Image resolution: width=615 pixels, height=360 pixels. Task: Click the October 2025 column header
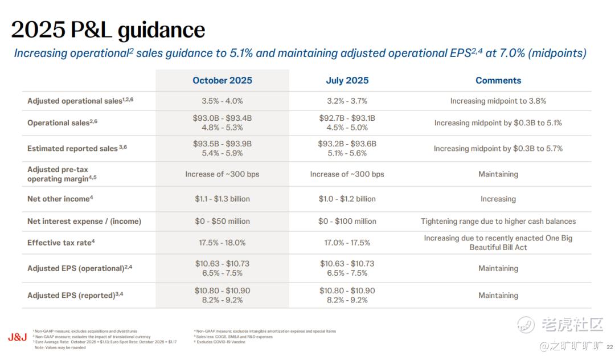[x=222, y=80]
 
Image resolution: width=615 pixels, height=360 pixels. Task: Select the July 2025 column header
[x=347, y=80]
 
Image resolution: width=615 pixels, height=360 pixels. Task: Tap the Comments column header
[x=498, y=80]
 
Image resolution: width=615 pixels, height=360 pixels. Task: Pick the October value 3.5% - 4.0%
[x=222, y=101]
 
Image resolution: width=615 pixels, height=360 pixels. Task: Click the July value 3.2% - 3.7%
[x=347, y=101]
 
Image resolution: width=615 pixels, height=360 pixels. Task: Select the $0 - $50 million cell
[x=222, y=221]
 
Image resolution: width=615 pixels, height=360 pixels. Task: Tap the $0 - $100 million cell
[x=347, y=221]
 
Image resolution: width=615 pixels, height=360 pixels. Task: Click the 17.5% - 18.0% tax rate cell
[x=222, y=243]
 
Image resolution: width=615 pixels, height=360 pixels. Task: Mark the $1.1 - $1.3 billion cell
[x=222, y=199]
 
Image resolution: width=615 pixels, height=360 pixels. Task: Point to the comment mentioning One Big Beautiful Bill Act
[x=498, y=243]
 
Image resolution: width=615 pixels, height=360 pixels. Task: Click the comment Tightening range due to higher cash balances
[x=498, y=221]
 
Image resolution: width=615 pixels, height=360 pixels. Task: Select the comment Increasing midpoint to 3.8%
[x=498, y=101]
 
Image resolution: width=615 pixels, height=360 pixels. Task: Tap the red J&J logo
[x=17, y=337]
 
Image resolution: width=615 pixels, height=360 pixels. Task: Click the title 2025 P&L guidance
[x=108, y=30]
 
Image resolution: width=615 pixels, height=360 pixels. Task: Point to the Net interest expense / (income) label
[x=84, y=221]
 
